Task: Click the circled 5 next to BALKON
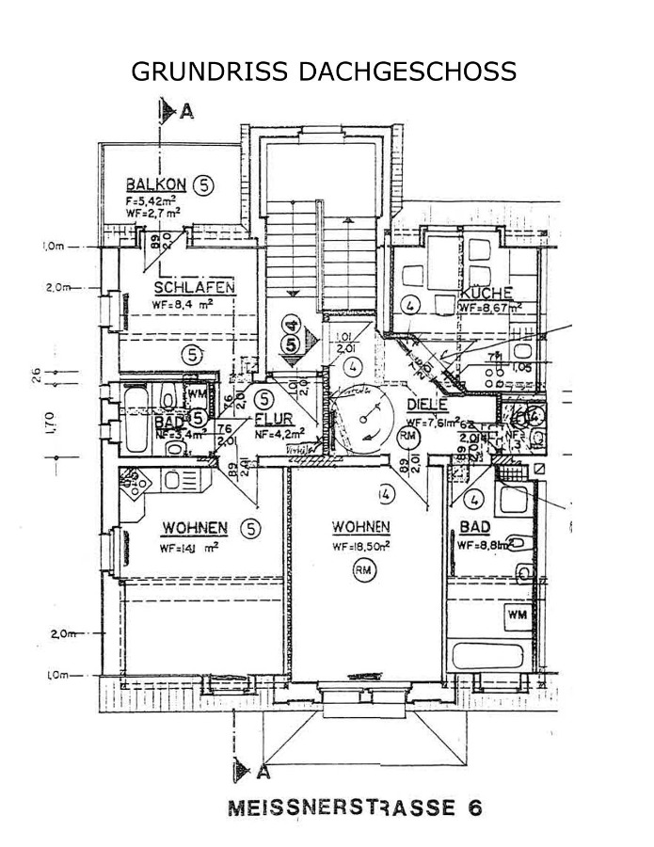point(204,185)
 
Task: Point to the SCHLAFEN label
point(195,288)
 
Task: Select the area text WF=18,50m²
point(361,546)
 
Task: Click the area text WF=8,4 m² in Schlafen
point(183,304)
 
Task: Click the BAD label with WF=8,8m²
point(475,527)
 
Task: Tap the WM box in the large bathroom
point(517,615)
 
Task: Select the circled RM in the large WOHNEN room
point(362,567)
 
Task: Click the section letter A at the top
point(186,112)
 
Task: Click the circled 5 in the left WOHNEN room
point(249,527)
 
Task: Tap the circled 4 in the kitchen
point(408,305)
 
